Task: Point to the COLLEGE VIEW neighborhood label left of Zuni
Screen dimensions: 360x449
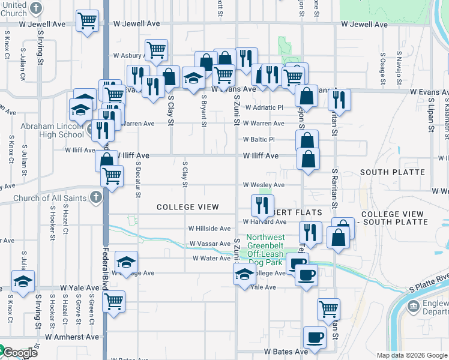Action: tap(188, 207)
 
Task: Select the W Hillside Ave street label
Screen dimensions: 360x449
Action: tap(209, 229)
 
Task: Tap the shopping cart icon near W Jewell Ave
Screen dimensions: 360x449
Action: tap(88, 21)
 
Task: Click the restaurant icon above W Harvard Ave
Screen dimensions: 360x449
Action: tap(262, 205)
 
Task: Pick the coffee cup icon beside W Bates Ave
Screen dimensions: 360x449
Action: tap(315, 337)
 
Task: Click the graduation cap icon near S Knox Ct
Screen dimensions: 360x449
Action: tap(23, 281)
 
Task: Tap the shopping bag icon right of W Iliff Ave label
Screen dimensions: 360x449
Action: tap(308, 160)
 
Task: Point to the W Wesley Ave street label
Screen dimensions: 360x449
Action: tap(263, 185)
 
